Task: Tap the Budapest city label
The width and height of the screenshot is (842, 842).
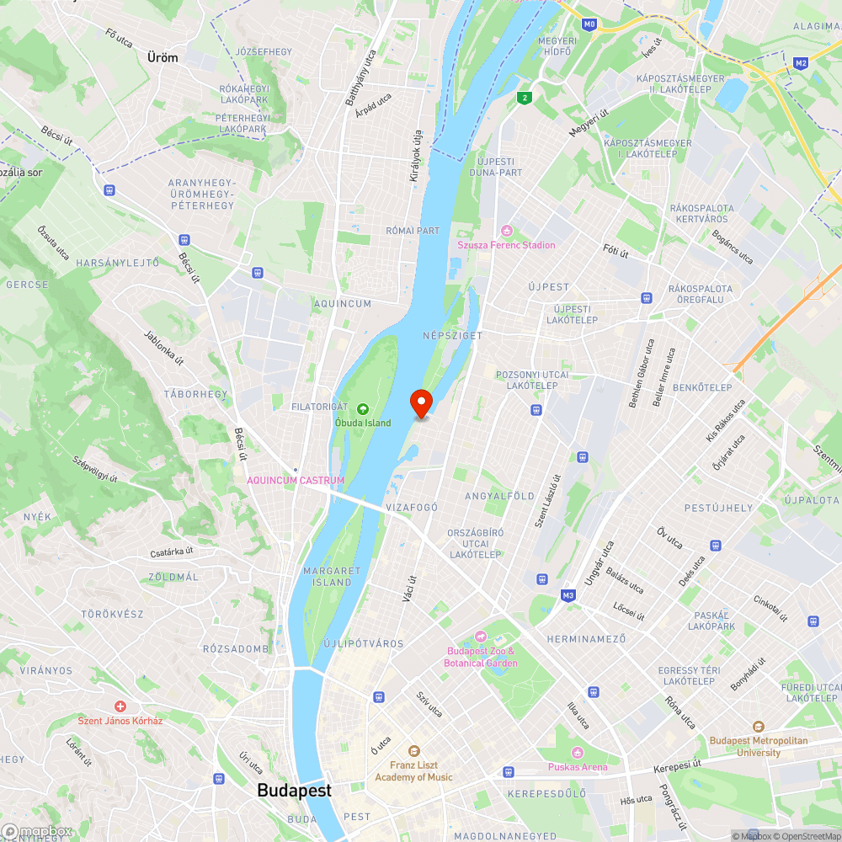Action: (x=294, y=791)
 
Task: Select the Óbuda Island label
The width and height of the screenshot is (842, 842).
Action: (x=363, y=423)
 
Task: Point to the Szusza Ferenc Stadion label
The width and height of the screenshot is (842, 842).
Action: (x=506, y=245)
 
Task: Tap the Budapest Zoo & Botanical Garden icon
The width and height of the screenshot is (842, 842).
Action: (x=481, y=636)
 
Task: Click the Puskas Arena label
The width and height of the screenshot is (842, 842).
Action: (x=578, y=767)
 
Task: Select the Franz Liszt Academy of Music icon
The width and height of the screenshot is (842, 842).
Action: (x=413, y=751)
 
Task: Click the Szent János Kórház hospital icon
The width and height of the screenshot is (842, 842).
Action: (x=120, y=706)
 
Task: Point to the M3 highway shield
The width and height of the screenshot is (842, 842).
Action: (x=569, y=595)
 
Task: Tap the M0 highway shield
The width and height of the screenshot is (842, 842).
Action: (x=589, y=24)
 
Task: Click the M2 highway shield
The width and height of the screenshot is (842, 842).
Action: (x=801, y=62)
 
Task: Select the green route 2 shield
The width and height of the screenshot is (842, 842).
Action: (x=525, y=98)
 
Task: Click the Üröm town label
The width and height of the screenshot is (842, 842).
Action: (x=163, y=57)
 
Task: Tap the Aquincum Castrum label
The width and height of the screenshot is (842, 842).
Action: (x=296, y=480)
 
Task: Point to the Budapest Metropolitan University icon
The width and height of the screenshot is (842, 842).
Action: (x=759, y=727)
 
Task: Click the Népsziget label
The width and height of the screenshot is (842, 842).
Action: (x=452, y=335)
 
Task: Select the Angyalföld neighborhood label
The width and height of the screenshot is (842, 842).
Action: (x=500, y=496)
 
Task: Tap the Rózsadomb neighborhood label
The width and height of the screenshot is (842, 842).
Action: (x=236, y=648)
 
